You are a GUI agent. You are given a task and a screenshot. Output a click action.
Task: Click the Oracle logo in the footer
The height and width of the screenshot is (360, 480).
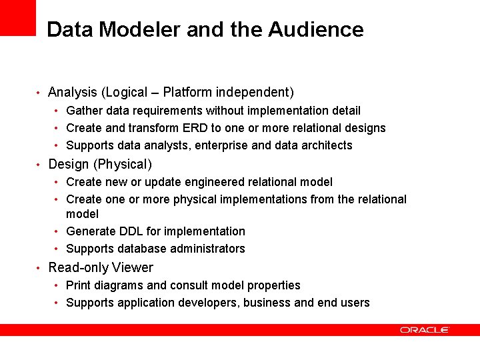pyautogui.click(x=424, y=329)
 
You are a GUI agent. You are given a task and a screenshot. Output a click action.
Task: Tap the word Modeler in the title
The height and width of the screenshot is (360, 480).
pyautogui.click(x=139, y=29)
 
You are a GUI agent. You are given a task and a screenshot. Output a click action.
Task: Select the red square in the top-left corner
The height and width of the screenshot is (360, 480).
pyautogui.click(x=17, y=17)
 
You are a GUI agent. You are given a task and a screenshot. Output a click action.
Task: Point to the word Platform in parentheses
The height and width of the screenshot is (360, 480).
pyautogui.click(x=188, y=92)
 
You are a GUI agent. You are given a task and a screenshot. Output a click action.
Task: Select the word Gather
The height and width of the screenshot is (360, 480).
pyautogui.click(x=84, y=111)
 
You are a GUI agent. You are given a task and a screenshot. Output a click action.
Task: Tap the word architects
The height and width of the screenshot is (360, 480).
pyautogui.click(x=327, y=145)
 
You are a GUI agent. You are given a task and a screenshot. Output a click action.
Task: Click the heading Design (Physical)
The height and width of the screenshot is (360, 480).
pyautogui.click(x=100, y=164)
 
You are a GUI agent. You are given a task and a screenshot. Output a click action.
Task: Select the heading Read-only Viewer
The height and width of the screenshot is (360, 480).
pyautogui.click(x=101, y=268)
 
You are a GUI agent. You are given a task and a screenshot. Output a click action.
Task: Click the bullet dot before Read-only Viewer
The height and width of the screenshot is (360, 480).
pyautogui.click(x=39, y=269)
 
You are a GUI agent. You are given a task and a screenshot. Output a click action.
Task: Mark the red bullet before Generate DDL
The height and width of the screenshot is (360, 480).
pyautogui.click(x=57, y=231)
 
